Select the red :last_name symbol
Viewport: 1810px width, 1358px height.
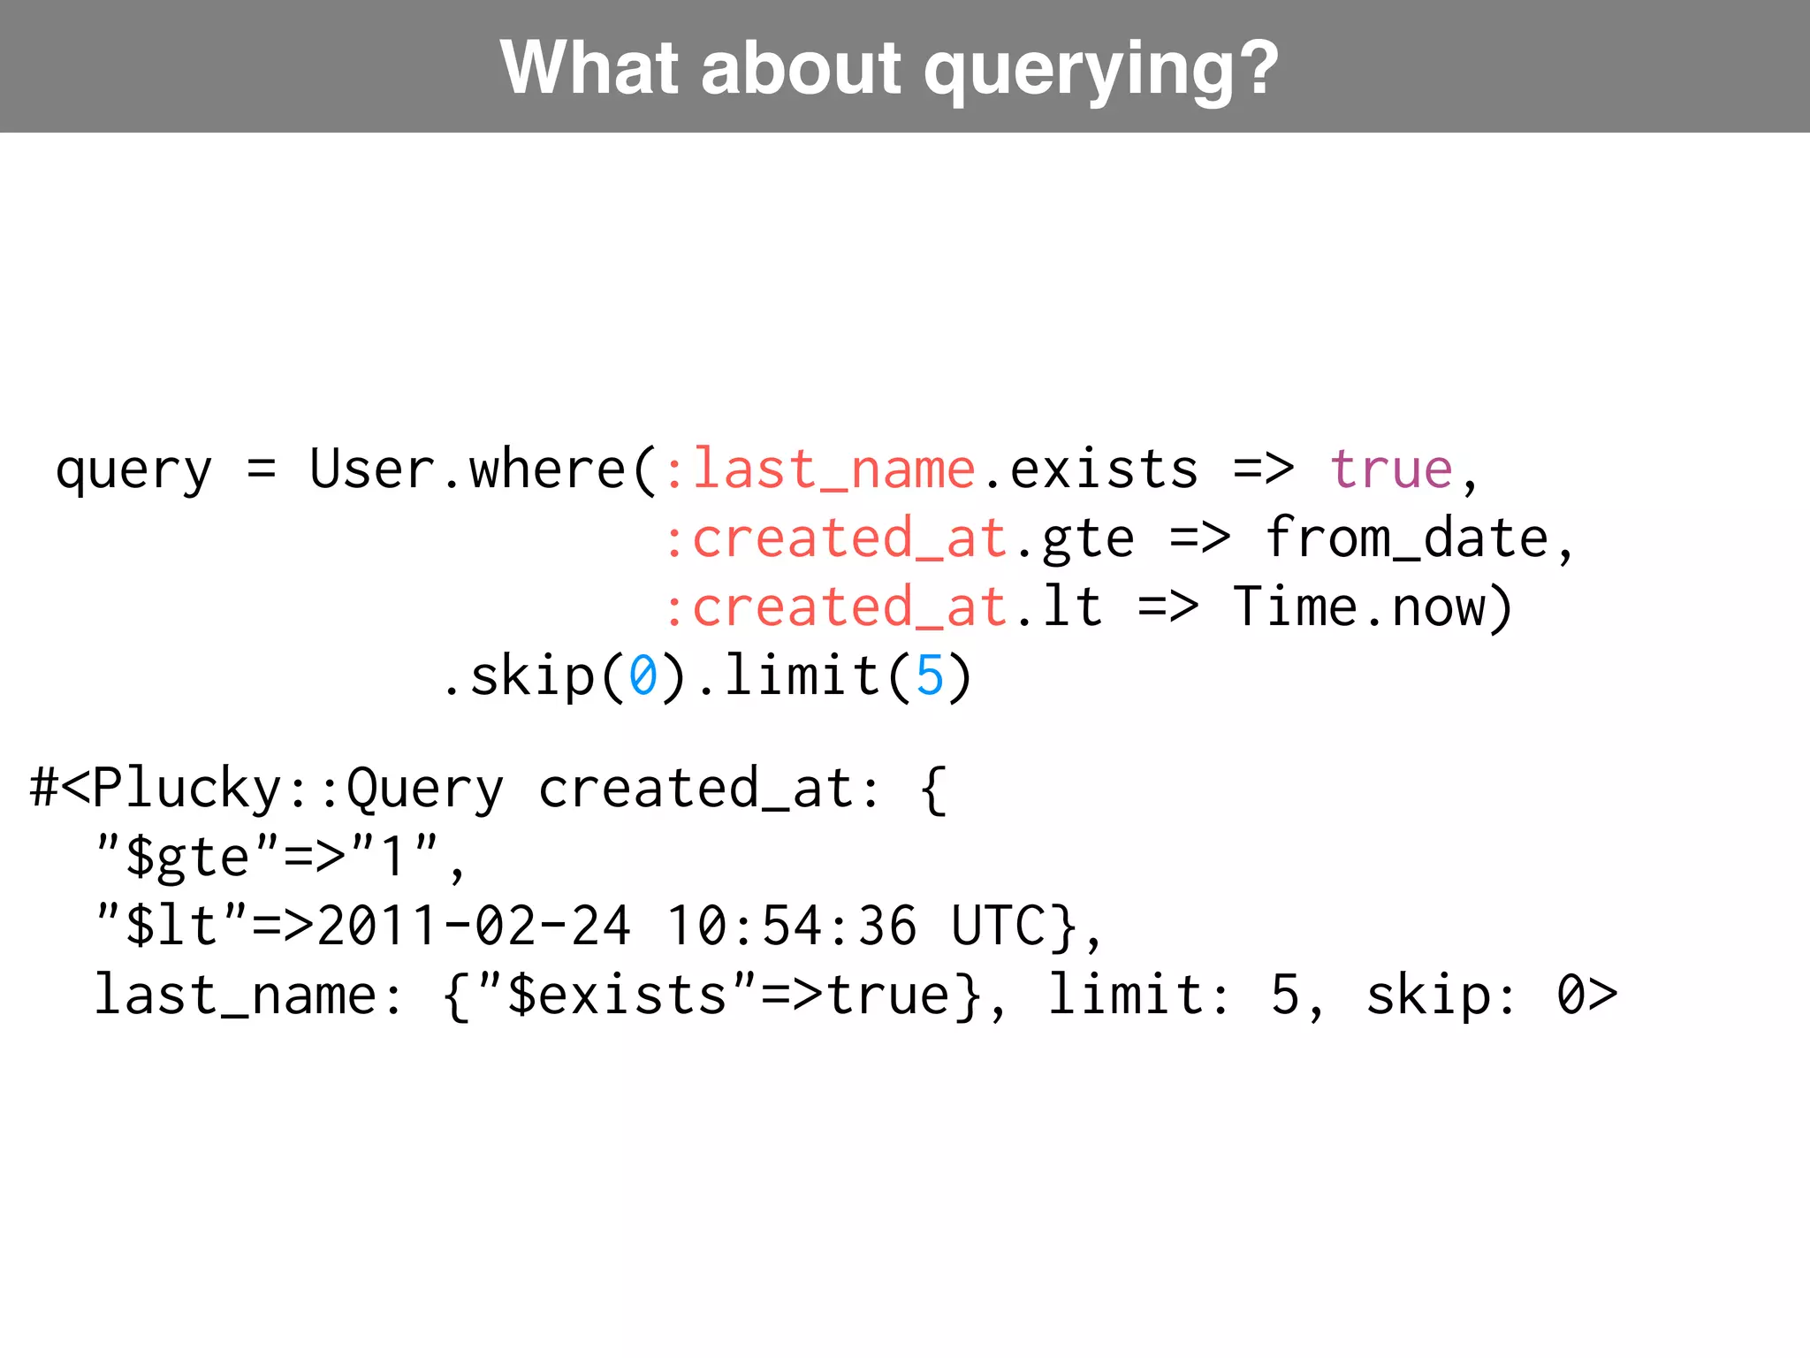819,469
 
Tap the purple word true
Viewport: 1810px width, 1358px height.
1391,469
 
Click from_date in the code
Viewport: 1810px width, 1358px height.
1406,538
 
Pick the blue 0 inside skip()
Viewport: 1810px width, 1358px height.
643,676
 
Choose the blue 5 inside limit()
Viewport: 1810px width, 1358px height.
930,676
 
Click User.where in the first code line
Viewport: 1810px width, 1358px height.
468,469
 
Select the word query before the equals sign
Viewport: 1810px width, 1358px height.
133,470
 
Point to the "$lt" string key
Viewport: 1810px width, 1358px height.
171,926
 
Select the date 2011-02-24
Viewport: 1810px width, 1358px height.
474,926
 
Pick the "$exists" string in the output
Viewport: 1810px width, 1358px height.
617,995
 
